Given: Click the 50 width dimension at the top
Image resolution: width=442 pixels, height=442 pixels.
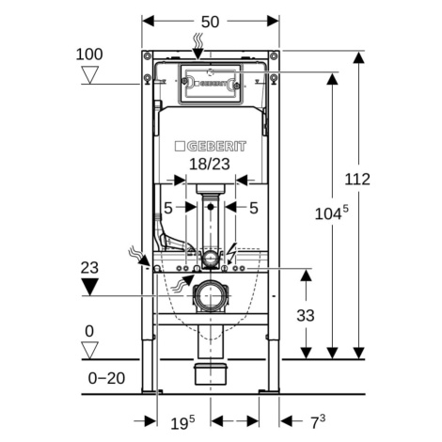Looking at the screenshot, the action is click(210, 22).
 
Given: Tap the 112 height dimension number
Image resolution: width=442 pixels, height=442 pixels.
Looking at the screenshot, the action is click(357, 180).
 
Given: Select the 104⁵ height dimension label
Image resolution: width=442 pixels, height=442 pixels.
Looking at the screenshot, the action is click(331, 213).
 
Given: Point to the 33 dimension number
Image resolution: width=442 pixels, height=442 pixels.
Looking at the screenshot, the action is click(306, 316).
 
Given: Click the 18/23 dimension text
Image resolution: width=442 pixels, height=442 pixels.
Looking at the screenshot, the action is click(210, 164).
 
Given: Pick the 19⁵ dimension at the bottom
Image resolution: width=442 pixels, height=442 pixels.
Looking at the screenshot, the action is click(182, 422).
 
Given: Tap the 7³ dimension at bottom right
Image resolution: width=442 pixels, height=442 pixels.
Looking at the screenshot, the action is click(318, 421).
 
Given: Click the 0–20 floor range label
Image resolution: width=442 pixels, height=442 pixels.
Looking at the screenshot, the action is click(106, 378).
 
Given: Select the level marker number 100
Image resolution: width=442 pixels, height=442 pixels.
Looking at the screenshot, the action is click(89, 55).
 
